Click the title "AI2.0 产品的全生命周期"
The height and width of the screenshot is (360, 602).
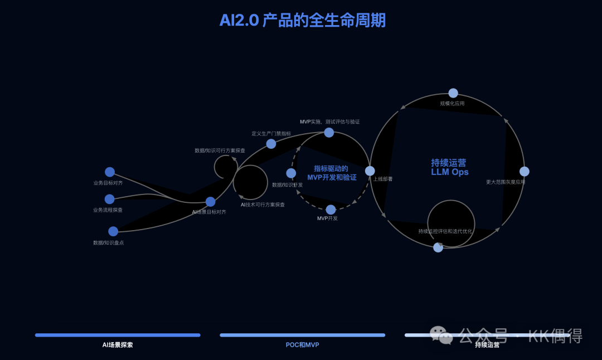click(302, 21)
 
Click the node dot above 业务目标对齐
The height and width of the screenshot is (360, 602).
click(110, 172)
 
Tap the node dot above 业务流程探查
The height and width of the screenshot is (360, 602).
click(110, 199)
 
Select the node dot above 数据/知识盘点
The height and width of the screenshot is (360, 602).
click(113, 231)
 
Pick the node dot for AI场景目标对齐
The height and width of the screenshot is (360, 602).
click(210, 202)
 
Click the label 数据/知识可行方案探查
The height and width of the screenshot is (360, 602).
click(220, 150)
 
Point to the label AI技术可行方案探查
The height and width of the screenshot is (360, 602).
click(263, 205)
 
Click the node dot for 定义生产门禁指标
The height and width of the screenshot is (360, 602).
click(271, 144)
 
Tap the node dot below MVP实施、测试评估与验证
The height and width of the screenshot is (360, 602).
click(329, 133)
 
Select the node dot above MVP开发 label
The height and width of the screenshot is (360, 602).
click(331, 210)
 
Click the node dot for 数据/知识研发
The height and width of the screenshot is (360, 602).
click(291, 173)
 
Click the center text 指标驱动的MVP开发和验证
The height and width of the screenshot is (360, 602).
click(332, 173)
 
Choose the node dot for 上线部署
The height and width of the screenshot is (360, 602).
click(370, 171)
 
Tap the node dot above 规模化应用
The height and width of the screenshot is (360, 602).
click(453, 93)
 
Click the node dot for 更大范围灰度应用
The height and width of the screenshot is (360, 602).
click(524, 172)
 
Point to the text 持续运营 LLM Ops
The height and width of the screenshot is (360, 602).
click(449, 167)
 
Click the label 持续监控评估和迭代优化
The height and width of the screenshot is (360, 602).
click(445, 231)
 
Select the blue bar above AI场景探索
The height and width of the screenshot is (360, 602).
click(118, 335)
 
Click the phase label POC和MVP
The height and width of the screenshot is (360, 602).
click(302, 345)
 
